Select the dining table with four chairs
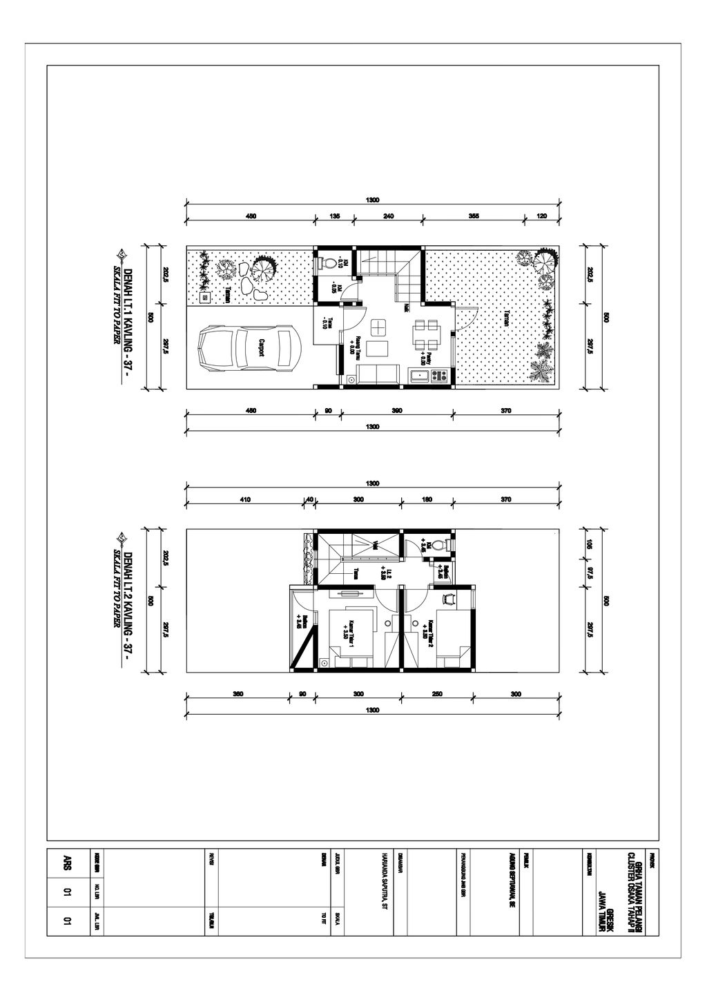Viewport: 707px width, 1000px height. pos(423,334)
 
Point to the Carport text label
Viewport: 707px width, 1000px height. pos(262,347)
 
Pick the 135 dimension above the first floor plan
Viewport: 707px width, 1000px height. pos(335,216)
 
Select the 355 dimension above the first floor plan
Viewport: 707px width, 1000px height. pos(474,216)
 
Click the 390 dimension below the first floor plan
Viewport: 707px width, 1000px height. pos(397,411)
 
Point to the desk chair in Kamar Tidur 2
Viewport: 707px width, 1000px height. pos(448,599)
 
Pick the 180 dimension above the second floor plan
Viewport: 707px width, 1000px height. pos(427,499)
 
